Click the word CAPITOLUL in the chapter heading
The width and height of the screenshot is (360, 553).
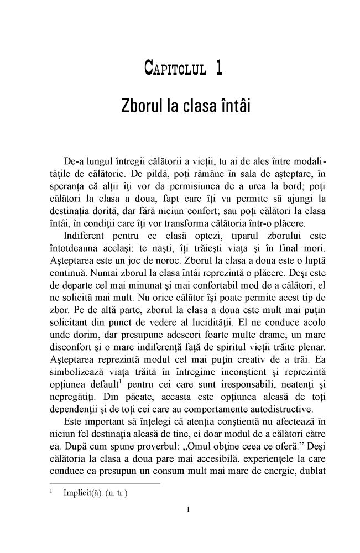click(173, 69)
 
